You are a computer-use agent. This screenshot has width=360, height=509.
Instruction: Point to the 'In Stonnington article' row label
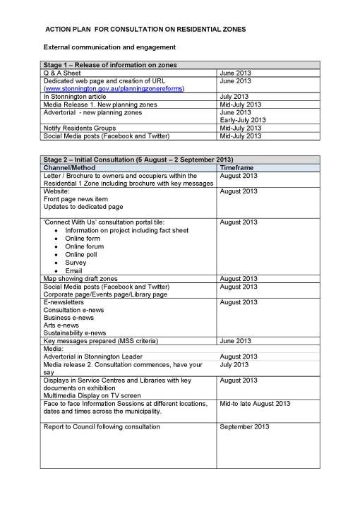coord(76,97)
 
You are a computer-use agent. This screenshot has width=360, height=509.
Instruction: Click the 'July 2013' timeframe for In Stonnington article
coord(234,97)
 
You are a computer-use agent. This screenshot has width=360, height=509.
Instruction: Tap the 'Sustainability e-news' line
coord(75,333)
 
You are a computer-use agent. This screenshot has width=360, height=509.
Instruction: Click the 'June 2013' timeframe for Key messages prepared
coord(236,341)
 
